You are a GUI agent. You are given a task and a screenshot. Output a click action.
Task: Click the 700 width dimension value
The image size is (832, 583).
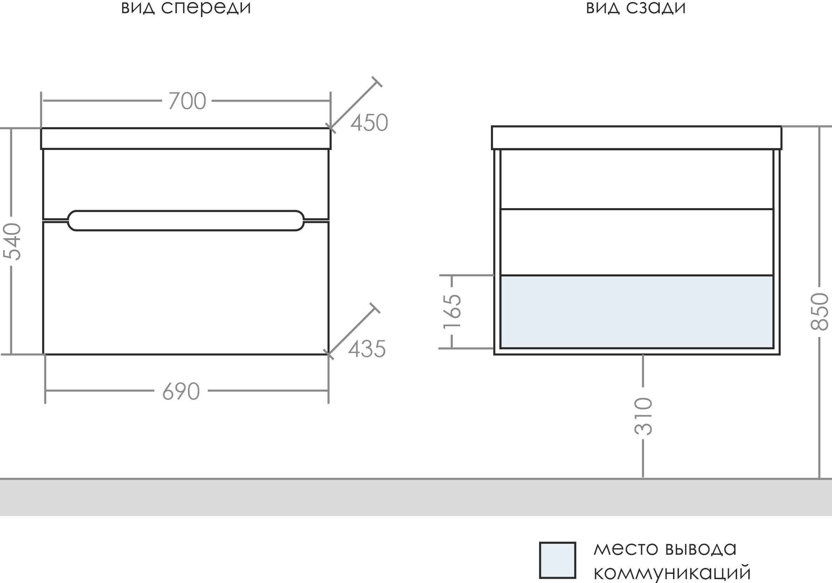click(187, 101)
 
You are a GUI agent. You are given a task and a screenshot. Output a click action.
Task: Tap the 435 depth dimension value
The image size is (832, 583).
click(367, 349)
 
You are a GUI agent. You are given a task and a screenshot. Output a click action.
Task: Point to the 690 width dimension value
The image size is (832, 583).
click(181, 391)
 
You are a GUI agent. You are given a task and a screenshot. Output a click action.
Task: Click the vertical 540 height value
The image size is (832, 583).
click(12, 241)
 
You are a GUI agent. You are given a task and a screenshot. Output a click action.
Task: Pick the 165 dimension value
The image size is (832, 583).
click(452, 311)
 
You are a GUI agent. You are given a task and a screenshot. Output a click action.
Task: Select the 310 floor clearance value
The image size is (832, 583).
click(643, 417)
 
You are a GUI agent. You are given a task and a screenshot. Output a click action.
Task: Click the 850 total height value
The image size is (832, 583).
click(820, 311)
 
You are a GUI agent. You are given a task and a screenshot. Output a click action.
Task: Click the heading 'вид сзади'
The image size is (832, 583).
click(636, 8)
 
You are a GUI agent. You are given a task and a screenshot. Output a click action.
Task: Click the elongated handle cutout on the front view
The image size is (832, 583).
click(186, 220)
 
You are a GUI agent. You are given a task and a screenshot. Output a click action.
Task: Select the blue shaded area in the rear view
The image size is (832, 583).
click(637, 312)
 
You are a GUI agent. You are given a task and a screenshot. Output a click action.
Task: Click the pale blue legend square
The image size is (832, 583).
click(557, 560)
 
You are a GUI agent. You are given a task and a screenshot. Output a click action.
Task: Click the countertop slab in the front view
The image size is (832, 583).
click(186, 138)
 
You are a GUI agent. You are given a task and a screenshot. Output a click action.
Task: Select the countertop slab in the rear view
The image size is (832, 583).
click(637, 138)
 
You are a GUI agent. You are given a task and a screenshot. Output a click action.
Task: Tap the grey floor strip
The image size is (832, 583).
click(416, 497)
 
